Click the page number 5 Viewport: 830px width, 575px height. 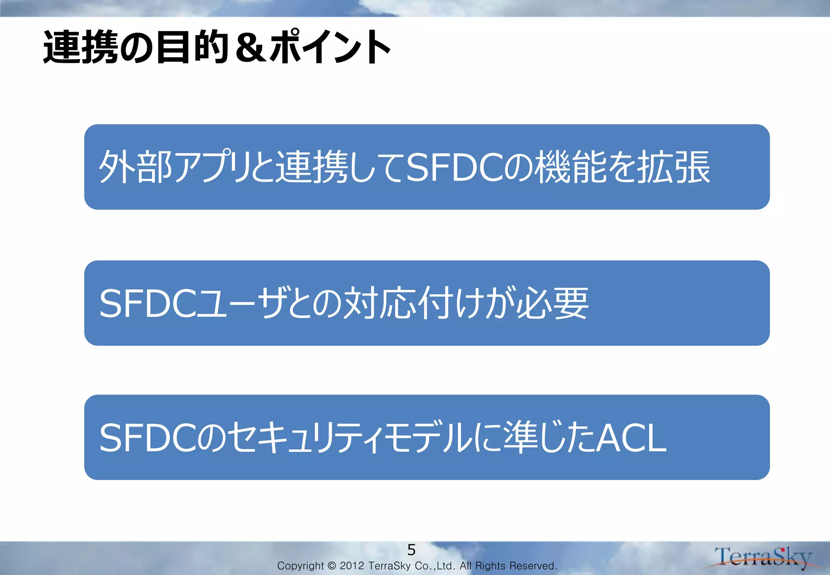coord(411,550)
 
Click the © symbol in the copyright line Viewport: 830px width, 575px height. coord(332,566)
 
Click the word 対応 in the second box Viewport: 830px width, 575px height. coord(379,303)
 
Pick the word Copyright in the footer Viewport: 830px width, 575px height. coord(300,566)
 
